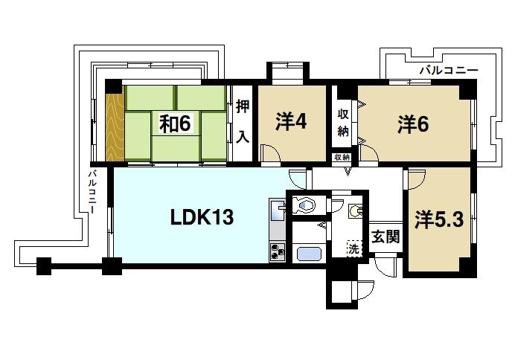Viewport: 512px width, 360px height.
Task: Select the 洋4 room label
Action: coord(292,121)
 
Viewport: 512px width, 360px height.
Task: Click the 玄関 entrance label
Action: coord(385,237)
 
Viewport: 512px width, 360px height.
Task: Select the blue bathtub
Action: coord(307,254)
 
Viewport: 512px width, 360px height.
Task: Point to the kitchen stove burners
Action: coord(277,252)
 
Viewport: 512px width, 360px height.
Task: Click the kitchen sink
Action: coord(276,210)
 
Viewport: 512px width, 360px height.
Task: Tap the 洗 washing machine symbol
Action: coord(353,250)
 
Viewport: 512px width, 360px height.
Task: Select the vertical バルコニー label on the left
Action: coord(92,192)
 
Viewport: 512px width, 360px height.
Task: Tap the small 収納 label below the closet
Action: coord(342,158)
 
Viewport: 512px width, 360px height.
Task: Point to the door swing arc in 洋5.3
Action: coord(415,179)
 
